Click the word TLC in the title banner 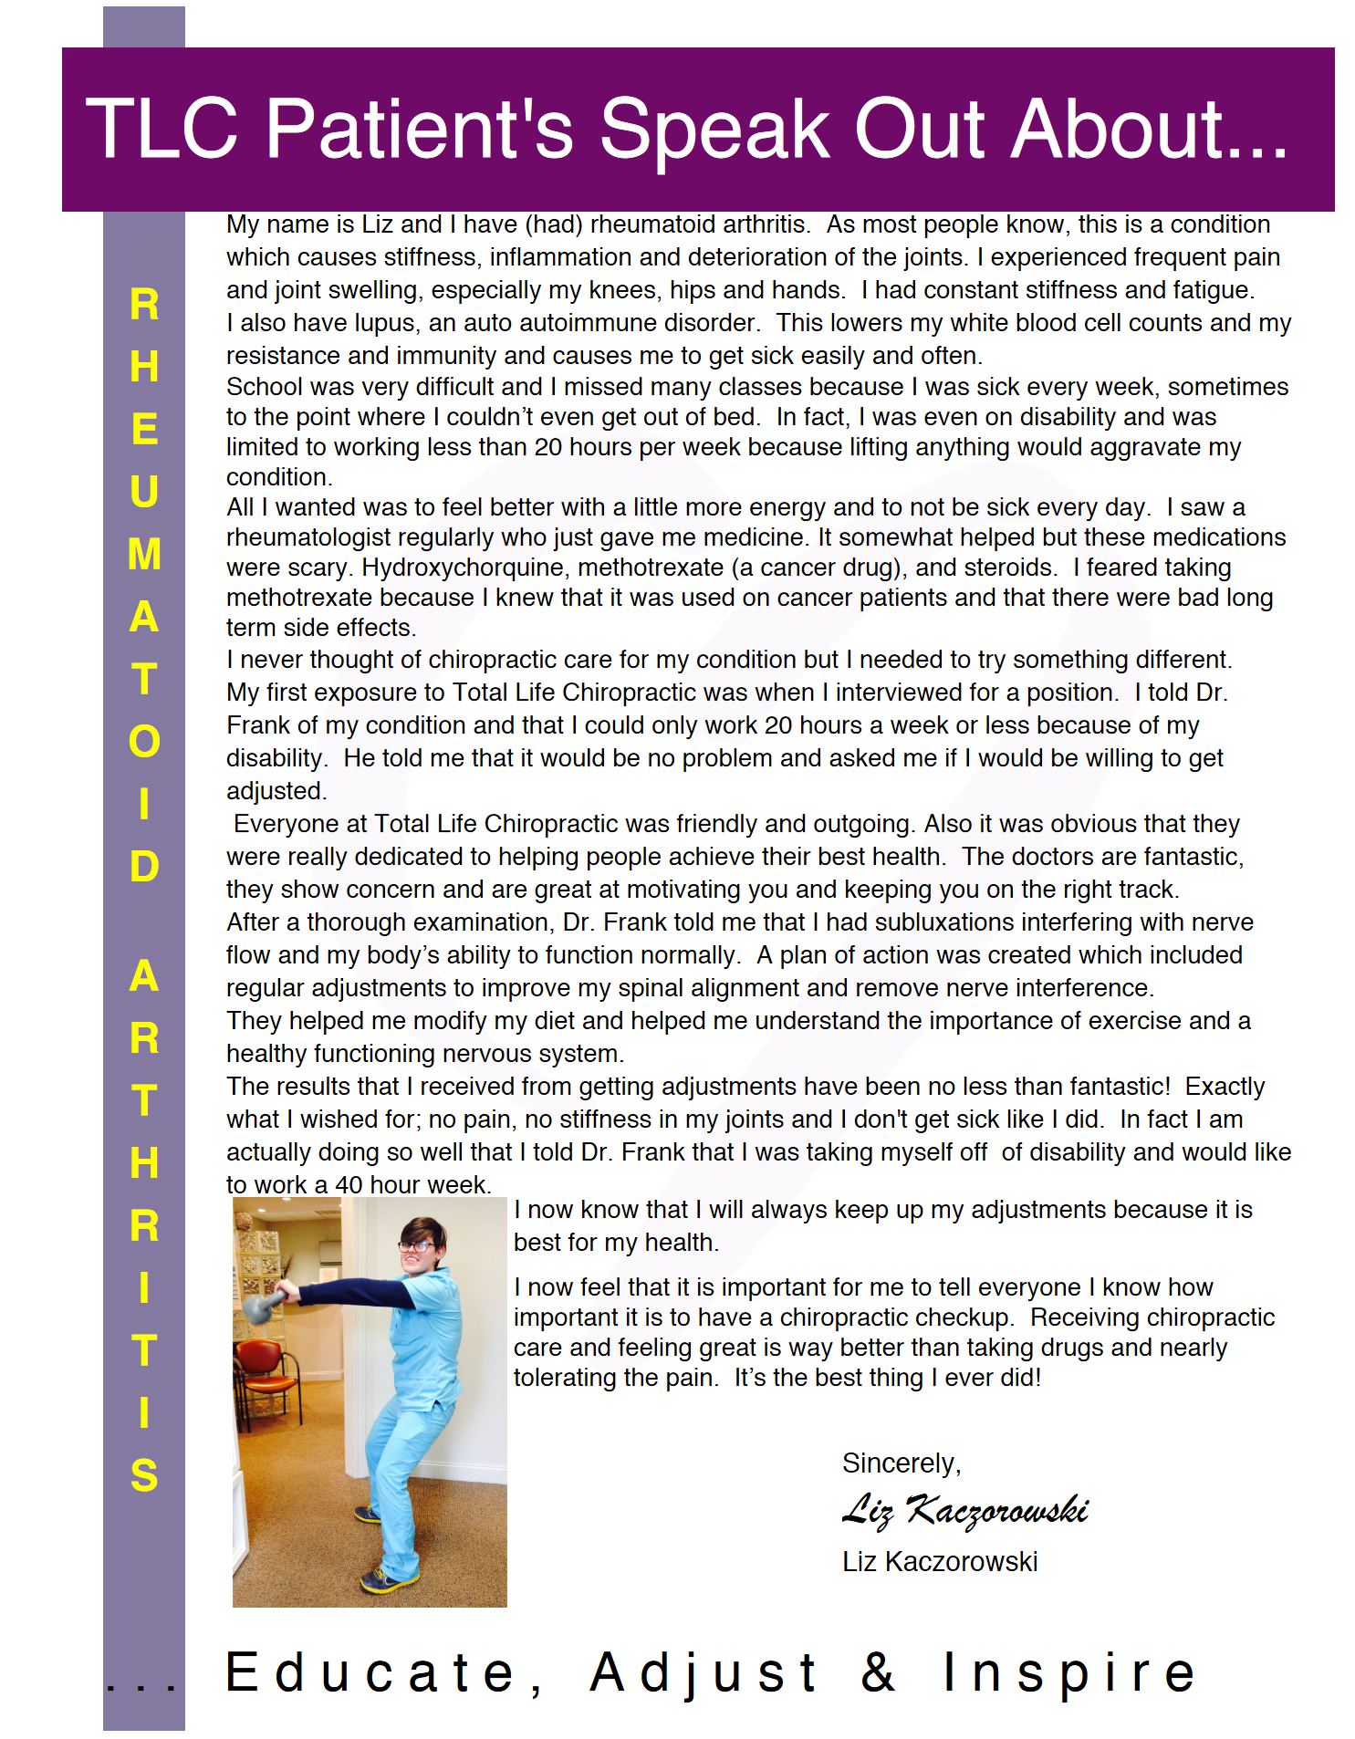tap(162, 130)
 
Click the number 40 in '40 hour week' tap(349, 1185)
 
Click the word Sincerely tap(901, 1463)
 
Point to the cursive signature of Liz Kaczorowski tap(964, 1511)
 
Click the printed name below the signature tap(940, 1562)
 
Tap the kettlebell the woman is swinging tap(259, 1307)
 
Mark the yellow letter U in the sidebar tap(144, 492)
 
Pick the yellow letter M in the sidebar tap(144, 555)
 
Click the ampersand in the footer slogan tap(878, 1671)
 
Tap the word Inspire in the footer tap(1068, 1671)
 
